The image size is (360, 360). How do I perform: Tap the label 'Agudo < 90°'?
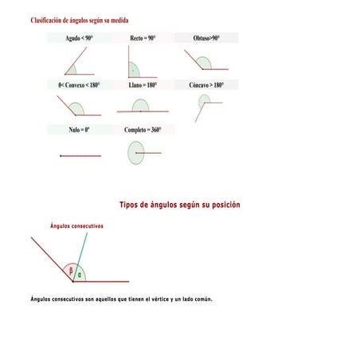(x=79, y=38)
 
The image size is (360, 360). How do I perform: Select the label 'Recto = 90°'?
(x=143, y=38)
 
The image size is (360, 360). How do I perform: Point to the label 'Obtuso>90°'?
(x=205, y=38)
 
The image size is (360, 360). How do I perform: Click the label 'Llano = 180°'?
(x=143, y=84)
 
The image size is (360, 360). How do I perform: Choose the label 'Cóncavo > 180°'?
(x=206, y=84)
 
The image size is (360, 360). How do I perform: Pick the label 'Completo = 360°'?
(x=143, y=129)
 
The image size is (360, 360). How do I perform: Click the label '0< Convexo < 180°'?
(x=79, y=84)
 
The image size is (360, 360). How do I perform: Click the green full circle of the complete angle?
(x=136, y=153)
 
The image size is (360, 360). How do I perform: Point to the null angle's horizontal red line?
(x=80, y=156)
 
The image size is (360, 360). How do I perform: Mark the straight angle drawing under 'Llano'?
(x=141, y=108)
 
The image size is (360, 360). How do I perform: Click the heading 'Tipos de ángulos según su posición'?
(x=179, y=205)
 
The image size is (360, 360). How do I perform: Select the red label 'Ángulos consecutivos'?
(x=76, y=226)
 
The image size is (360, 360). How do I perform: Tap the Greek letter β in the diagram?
(x=71, y=271)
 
